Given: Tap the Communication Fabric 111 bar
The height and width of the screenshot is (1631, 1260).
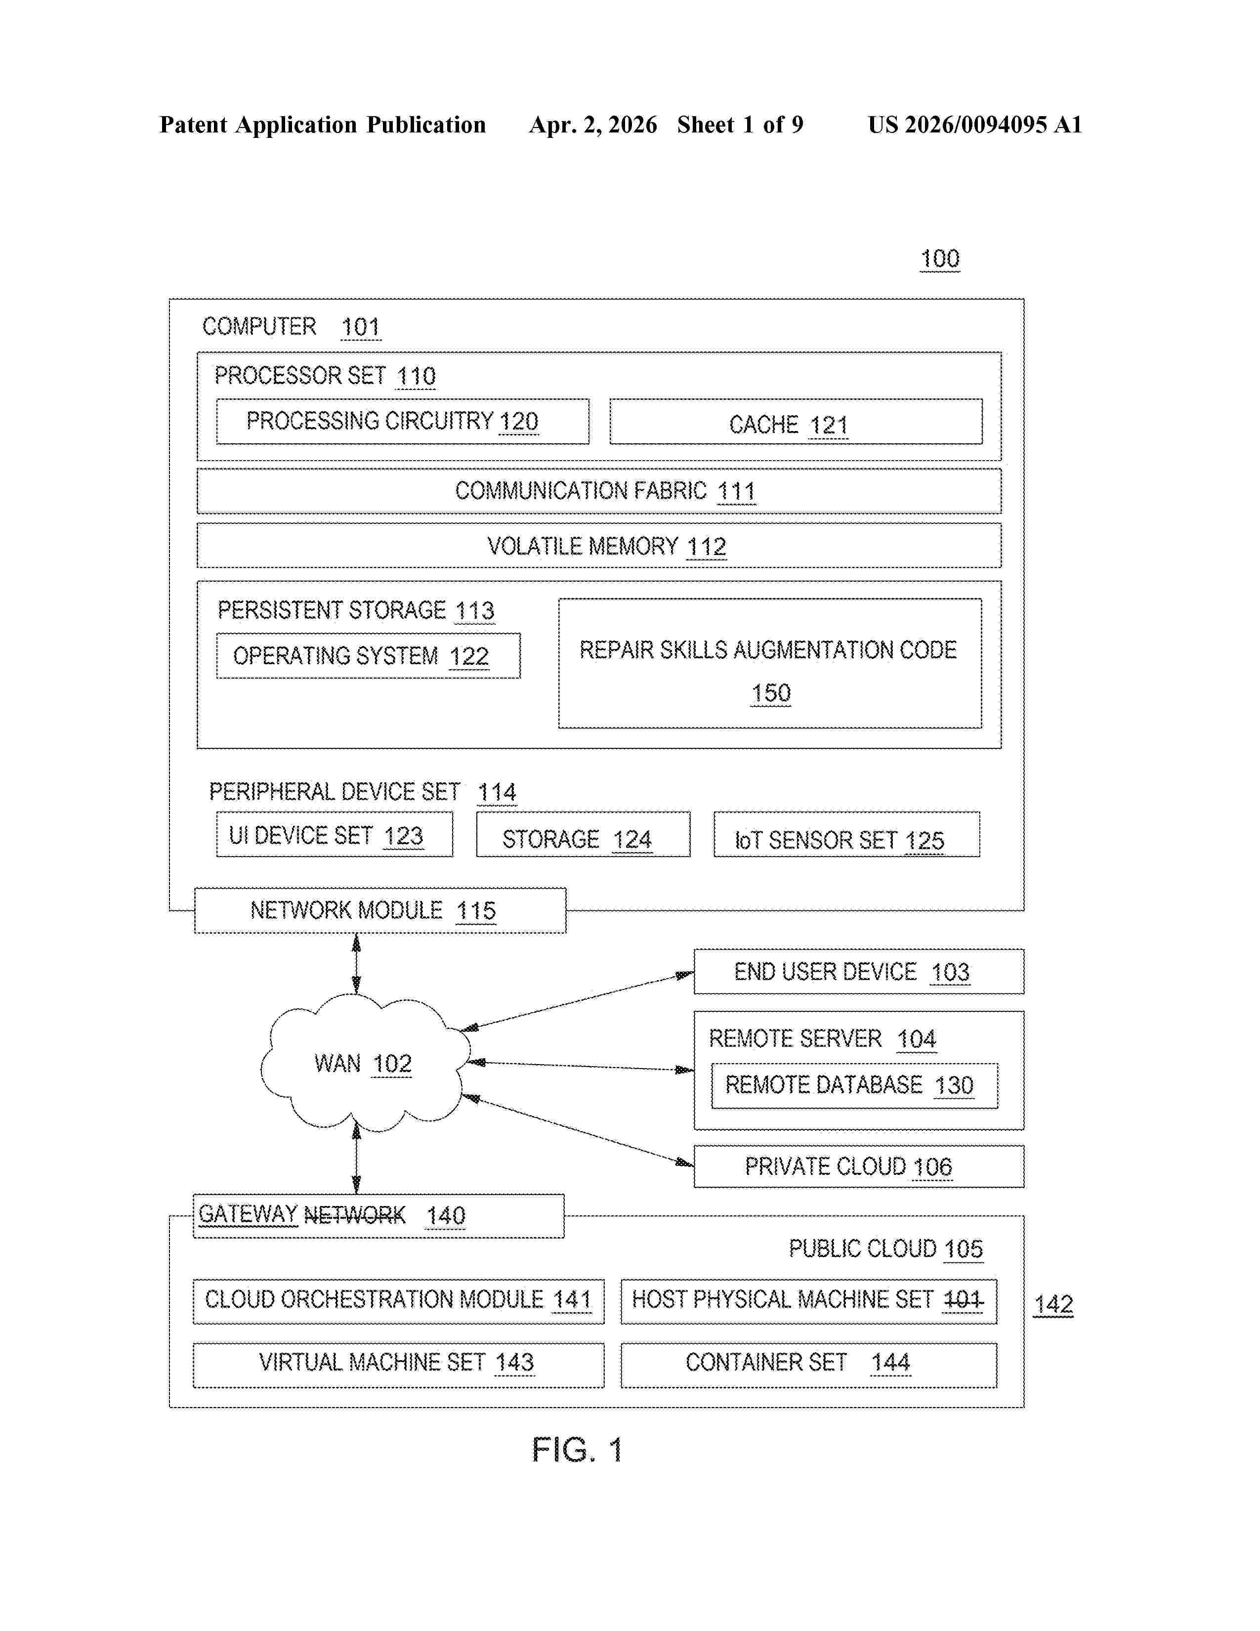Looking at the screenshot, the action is [599, 491].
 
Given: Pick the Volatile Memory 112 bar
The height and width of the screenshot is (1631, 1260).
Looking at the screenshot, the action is [599, 546].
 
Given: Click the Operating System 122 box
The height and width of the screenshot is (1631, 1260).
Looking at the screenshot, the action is [368, 656].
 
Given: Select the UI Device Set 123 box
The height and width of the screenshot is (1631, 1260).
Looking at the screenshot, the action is [335, 834].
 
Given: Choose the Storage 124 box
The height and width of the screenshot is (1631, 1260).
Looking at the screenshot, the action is [583, 834].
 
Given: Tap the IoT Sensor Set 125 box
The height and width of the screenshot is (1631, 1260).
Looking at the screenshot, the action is [846, 834].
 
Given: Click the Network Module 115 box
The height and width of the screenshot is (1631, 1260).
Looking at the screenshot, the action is [380, 910].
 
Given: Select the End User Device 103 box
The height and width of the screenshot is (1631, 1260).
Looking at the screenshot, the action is [858, 972].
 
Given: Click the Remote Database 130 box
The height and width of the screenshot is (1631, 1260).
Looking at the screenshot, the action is [854, 1086].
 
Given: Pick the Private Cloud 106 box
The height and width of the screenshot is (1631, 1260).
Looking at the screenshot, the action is [858, 1166].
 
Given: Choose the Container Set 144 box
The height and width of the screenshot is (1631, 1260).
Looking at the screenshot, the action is [808, 1365].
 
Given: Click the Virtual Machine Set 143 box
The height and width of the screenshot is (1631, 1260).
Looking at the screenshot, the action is [399, 1365].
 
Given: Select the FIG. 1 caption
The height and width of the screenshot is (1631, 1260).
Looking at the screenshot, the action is [577, 1450].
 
